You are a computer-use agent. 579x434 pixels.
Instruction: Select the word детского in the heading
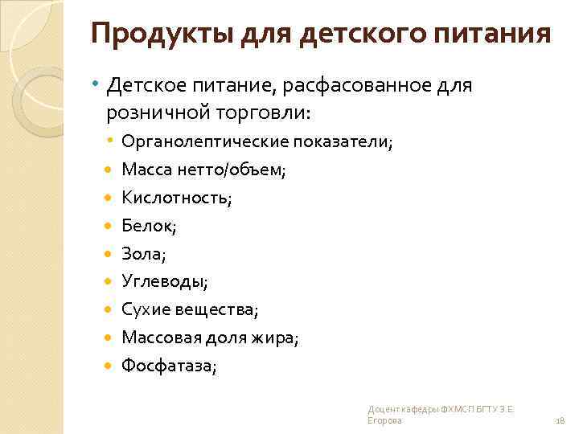[x=369, y=35]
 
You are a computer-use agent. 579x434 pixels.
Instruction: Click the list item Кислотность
[x=175, y=198]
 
